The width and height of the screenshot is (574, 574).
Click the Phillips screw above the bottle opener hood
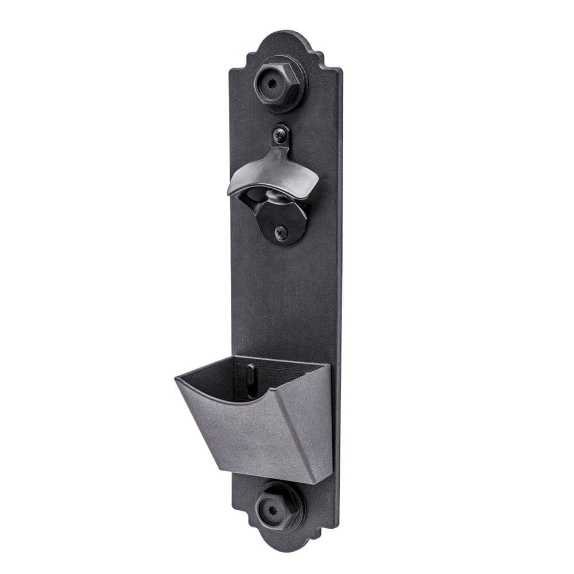pyautogui.click(x=280, y=133)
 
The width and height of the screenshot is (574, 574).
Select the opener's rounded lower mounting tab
pyautogui.click(x=281, y=227)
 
